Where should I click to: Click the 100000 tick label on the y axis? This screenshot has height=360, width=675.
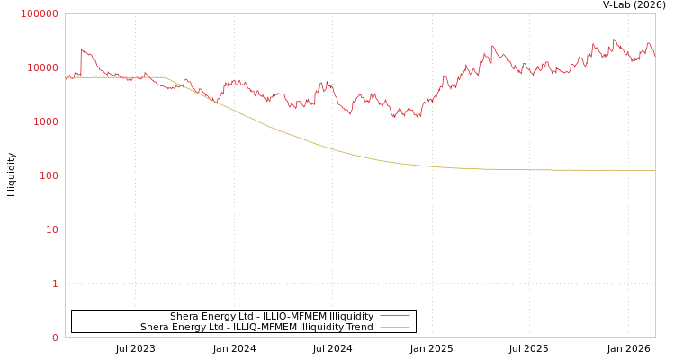tap(40, 13)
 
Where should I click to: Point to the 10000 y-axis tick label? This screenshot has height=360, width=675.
tap(43, 67)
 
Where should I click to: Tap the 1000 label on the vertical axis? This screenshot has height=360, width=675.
tap(45, 121)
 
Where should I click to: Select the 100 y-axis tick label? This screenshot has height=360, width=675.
tap(48, 175)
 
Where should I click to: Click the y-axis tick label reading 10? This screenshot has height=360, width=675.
tap(51, 229)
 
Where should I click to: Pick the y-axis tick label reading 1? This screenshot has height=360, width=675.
tap(55, 283)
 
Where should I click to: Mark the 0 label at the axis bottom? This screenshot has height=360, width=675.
tap(55, 337)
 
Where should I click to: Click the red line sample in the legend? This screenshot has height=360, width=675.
tap(394, 317)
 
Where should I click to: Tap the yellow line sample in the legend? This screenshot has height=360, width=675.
tap(394, 328)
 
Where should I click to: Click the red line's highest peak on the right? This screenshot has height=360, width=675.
tap(615, 40)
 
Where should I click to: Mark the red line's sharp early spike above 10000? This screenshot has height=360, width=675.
tap(82, 50)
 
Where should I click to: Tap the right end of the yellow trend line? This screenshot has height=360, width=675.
tap(654, 170)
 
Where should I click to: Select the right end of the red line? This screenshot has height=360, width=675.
tap(654, 54)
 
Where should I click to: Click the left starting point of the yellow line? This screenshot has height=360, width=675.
tap(66, 77)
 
